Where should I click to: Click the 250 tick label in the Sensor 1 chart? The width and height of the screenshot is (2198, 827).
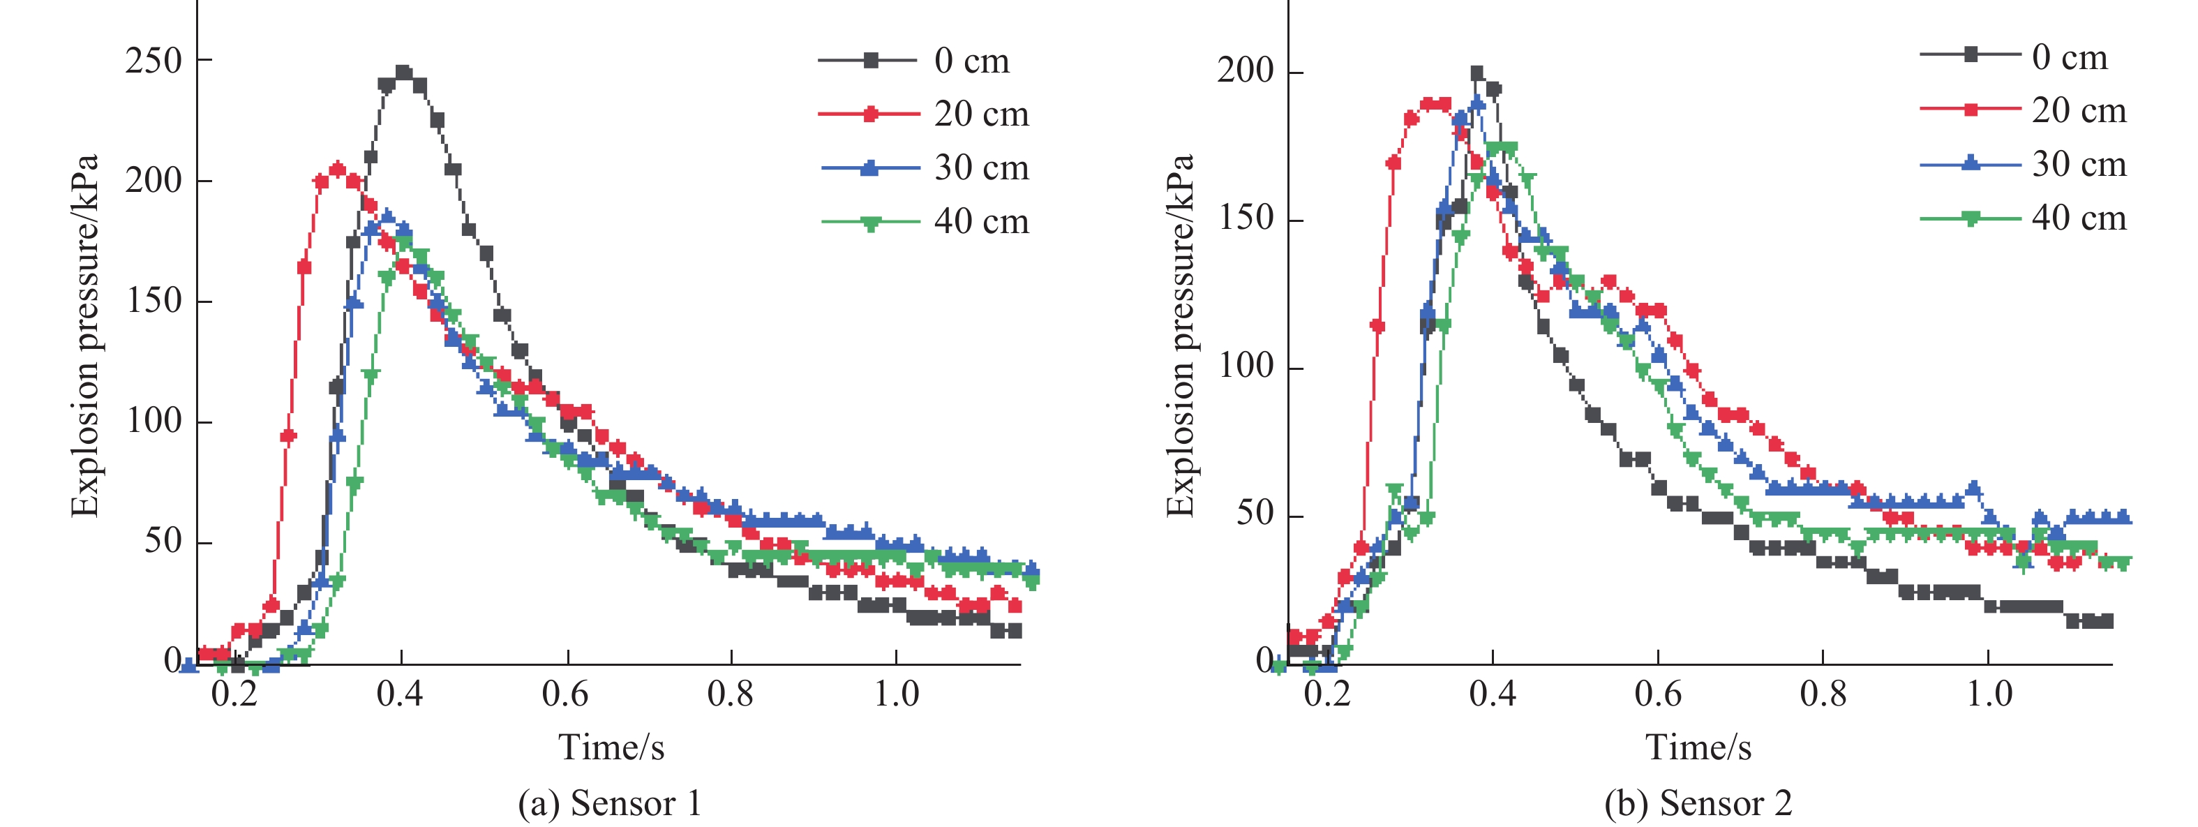click(x=154, y=61)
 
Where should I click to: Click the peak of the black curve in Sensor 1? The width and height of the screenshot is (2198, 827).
click(x=403, y=73)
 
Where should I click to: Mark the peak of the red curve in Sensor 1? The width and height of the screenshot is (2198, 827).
click(x=338, y=169)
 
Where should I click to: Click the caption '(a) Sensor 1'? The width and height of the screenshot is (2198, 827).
click(x=609, y=803)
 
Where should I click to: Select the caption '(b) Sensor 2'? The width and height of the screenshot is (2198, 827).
click(x=1698, y=803)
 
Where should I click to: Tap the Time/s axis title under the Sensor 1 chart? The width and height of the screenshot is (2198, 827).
click(x=611, y=747)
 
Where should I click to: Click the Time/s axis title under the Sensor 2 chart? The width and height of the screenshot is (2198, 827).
click(x=1698, y=747)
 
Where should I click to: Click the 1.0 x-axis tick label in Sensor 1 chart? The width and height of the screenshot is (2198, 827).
click(x=897, y=694)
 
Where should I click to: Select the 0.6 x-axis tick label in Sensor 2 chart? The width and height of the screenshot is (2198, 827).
click(x=1658, y=694)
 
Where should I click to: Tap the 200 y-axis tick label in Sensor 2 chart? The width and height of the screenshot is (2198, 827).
click(x=1245, y=71)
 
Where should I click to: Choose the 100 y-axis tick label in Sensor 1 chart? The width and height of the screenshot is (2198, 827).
click(x=154, y=422)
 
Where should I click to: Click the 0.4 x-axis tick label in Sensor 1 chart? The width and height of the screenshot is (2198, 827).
click(x=401, y=694)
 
